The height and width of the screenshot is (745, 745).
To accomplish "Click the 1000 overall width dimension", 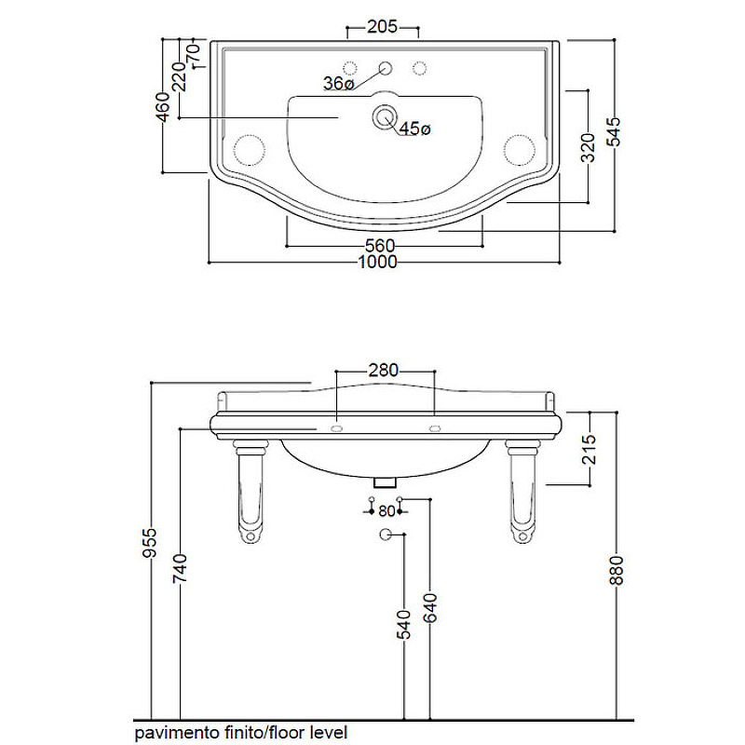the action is tap(378, 262).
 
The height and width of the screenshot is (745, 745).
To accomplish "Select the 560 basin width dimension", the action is tap(380, 246).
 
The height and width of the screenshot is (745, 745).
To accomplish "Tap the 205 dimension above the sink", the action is tap(382, 27).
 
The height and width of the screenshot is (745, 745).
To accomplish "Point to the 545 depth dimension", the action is tap(614, 131).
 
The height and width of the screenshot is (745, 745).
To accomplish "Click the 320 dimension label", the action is tap(589, 148).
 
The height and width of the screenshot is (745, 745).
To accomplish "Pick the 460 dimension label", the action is tap(162, 107).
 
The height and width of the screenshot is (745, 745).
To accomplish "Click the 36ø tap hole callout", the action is tap(339, 83).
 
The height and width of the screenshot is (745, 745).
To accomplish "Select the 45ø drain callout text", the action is tap(414, 129).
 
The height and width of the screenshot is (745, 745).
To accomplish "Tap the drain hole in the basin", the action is tap(384, 117).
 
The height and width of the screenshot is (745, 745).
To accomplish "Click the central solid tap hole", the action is tap(386, 68).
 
